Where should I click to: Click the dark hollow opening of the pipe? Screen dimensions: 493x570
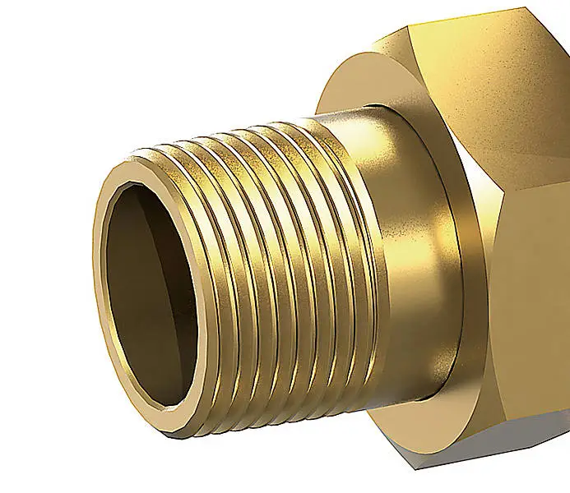(x=152, y=296)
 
